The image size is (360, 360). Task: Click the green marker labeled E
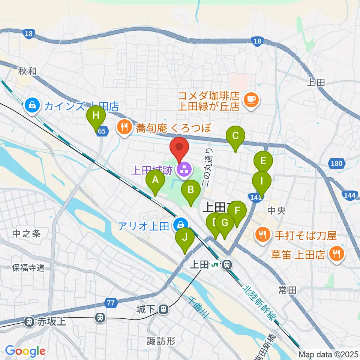[x=263, y=162]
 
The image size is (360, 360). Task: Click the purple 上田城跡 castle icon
[x=184, y=171]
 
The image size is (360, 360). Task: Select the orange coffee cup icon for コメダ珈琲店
[x=250, y=99]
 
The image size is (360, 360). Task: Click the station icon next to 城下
[x=163, y=310]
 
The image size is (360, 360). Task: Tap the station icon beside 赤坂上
[x=28, y=321]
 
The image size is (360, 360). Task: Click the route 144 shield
[x=348, y=194]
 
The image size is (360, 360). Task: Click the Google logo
[x=25, y=351]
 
